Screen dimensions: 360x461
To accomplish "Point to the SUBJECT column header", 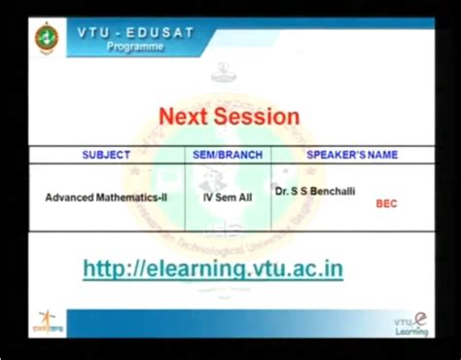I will point(106,155).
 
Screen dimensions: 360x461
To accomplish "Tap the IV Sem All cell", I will point(228,197).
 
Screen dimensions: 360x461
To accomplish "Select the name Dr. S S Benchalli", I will point(315,192).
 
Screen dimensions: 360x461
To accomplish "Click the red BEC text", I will point(386,204).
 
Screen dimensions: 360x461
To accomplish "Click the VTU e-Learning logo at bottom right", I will point(411,323).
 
